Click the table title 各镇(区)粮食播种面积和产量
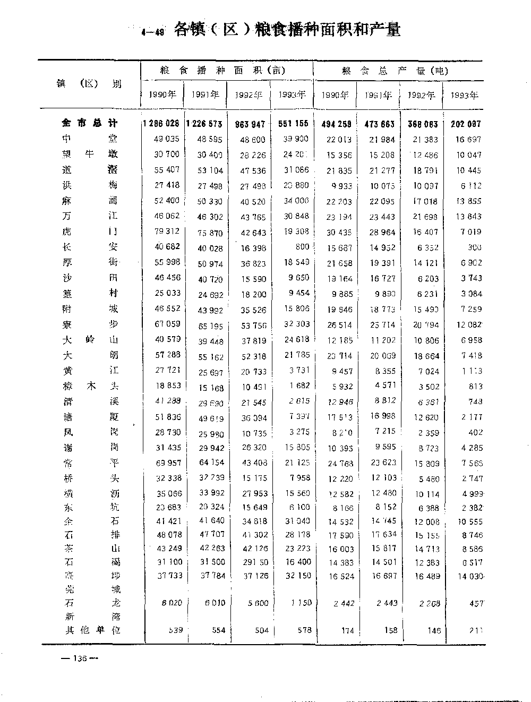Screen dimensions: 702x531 pyautogui.click(x=287, y=30)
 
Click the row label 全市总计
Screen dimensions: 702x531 pyautogui.click(x=90, y=123)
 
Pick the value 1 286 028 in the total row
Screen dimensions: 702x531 pyautogui.click(x=161, y=124)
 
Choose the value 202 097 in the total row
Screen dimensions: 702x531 pyautogui.click(x=466, y=124)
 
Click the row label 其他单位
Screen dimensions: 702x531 pyautogui.click(x=90, y=630)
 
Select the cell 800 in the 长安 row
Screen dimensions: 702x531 pyautogui.click(x=302, y=247)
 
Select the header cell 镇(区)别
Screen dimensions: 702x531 pyautogui.click(x=90, y=83)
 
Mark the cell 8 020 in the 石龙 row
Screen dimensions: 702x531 pyautogui.click(x=170, y=603)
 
